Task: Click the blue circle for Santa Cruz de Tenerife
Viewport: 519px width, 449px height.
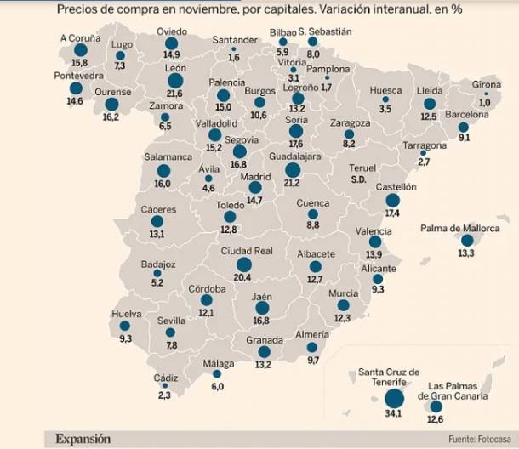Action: coord(394,398)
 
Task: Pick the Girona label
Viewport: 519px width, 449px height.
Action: coord(486,84)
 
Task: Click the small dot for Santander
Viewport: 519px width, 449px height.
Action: coord(233,49)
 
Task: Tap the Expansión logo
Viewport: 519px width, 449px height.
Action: coord(83,439)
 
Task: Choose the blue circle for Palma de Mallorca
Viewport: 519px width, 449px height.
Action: coord(465,241)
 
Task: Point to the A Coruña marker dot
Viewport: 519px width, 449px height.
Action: coord(80,51)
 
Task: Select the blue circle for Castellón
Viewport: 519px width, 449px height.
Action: coord(392,201)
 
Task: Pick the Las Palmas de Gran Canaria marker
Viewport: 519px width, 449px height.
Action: coord(436,407)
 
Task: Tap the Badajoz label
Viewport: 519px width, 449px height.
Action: coord(158,264)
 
